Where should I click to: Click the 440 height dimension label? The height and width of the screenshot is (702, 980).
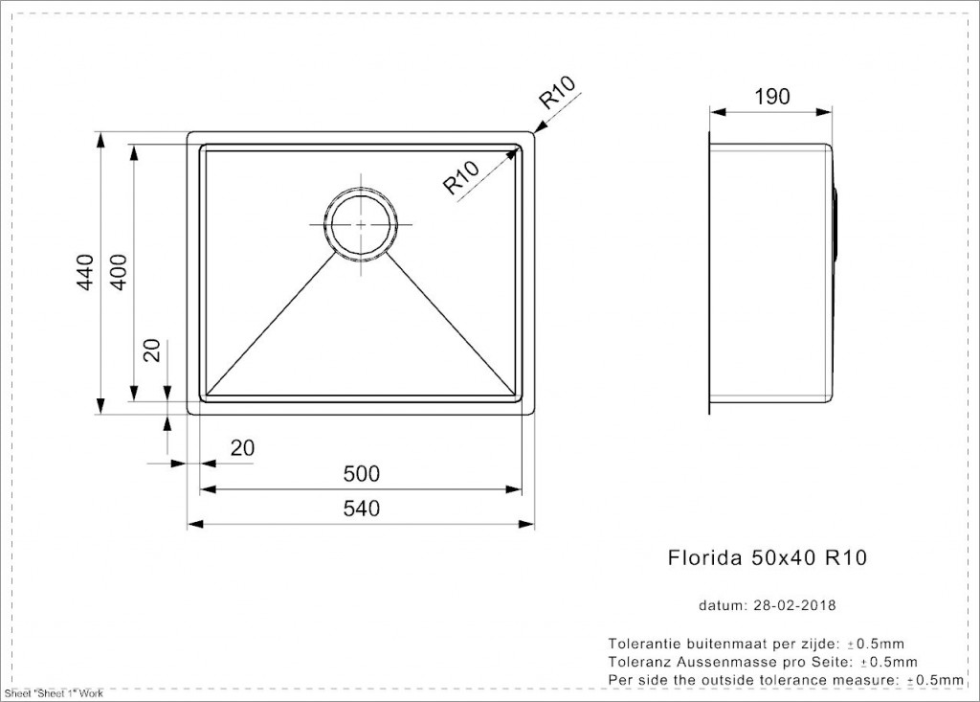pos(85,272)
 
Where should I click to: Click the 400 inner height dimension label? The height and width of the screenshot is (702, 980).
pos(118,272)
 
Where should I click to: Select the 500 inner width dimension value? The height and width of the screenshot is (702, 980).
pos(361,474)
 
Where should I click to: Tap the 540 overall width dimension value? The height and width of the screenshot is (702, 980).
pos(361,508)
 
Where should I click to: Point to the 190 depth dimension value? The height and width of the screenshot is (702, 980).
pos(772,97)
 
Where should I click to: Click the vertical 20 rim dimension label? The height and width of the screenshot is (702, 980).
pos(152,351)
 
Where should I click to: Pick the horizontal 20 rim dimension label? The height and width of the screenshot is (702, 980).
pos(242,448)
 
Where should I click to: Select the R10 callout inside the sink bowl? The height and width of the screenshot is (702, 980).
pos(461,177)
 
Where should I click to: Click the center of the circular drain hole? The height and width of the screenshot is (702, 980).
pos(361,225)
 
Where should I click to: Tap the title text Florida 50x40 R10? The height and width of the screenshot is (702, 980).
pos(768,556)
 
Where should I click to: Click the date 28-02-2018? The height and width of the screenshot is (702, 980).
pos(794,605)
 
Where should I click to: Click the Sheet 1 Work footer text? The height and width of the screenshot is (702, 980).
pos(54,693)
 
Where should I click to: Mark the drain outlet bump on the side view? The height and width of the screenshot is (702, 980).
pos(835,222)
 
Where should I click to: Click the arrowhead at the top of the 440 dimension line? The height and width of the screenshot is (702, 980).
pos(100,140)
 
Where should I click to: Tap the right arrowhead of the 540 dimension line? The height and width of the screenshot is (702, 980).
pos(527,523)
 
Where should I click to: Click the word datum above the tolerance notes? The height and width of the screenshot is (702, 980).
pos(722,605)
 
